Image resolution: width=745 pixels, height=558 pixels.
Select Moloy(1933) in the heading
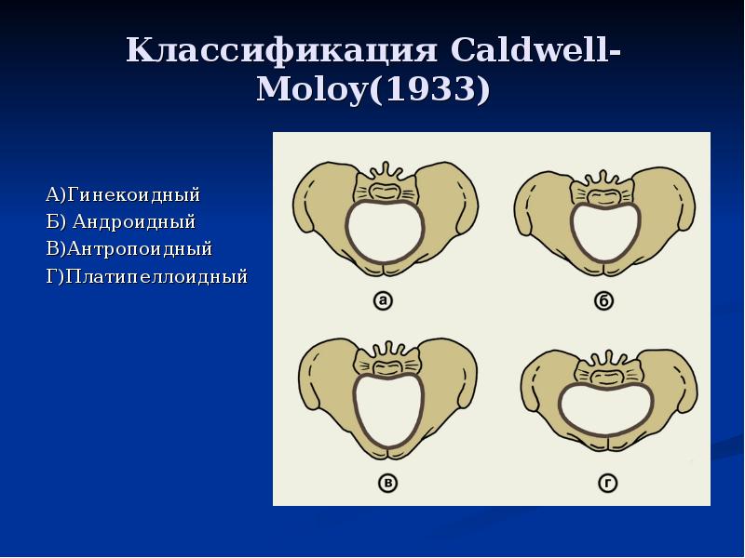(x=373, y=92)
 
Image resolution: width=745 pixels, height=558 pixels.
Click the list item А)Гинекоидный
(x=123, y=195)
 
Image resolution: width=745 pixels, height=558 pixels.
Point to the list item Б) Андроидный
(x=120, y=222)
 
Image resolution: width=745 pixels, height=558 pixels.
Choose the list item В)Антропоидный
(x=129, y=249)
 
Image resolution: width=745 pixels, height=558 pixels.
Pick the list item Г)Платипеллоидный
(x=146, y=276)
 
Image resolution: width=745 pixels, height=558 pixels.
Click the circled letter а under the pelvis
(x=382, y=299)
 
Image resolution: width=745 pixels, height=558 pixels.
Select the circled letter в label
(x=385, y=483)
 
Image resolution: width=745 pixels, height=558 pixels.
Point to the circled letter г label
(x=606, y=483)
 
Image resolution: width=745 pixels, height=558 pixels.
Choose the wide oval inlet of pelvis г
(x=606, y=409)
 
